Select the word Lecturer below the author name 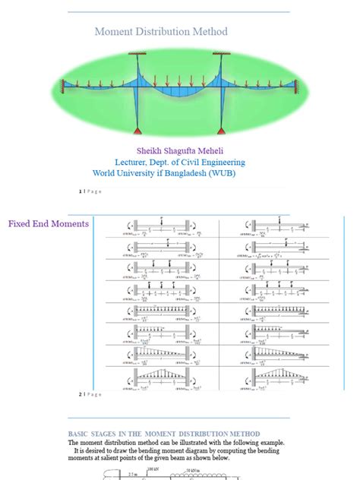(x=132, y=162)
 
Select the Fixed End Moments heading (x=49, y=224)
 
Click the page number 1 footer (x=80, y=191)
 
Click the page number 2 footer (x=80, y=394)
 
